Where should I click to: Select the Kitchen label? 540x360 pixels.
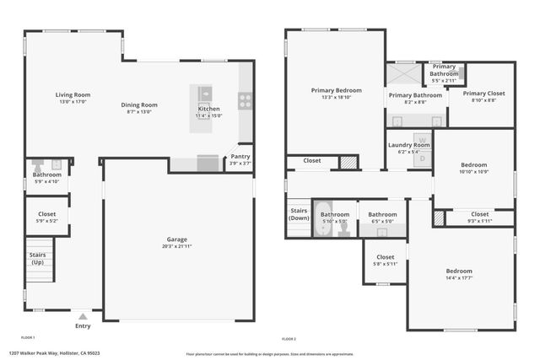(x=209, y=109)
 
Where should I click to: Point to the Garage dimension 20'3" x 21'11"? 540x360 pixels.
(x=176, y=247)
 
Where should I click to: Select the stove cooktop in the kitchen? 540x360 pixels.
(x=246, y=99)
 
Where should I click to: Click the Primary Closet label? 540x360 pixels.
(x=483, y=94)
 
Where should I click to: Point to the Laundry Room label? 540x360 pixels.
(x=409, y=145)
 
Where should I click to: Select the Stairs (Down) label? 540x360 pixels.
(x=299, y=214)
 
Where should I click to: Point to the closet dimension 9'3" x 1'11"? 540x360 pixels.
(x=479, y=221)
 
